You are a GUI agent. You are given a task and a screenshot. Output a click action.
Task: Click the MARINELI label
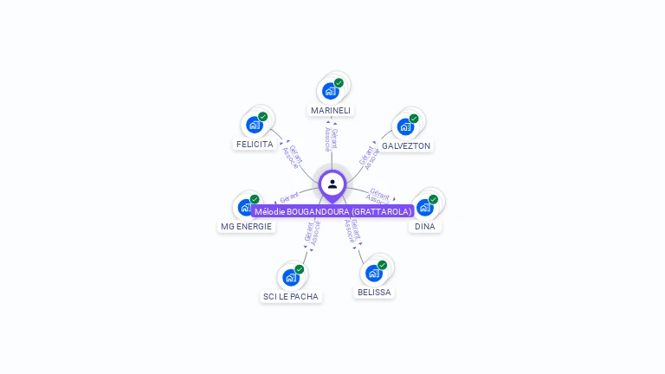(x=331, y=111)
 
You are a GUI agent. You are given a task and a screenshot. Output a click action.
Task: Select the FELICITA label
(x=255, y=145)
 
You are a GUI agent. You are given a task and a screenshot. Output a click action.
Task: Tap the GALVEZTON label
(x=406, y=146)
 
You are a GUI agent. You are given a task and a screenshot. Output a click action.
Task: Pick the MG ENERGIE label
(x=246, y=227)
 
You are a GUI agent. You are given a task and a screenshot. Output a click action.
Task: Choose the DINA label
(x=424, y=227)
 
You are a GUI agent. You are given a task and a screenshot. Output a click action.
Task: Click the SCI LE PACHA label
(x=291, y=297)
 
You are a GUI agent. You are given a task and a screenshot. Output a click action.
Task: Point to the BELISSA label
(x=374, y=293)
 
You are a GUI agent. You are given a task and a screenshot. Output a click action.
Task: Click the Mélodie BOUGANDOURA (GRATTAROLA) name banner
(x=332, y=211)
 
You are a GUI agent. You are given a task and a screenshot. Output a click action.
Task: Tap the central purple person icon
(x=332, y=184)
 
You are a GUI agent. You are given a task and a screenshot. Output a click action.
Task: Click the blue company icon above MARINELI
(x=330, y=91)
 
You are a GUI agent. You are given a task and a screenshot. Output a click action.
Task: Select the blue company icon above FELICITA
(x=254, y=125)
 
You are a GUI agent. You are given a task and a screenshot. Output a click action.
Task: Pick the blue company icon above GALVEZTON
(x=405, y=126)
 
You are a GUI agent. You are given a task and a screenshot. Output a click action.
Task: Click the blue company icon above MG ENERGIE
(x=246, y=208)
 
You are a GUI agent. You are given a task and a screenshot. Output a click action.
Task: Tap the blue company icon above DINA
(x=424, y=208)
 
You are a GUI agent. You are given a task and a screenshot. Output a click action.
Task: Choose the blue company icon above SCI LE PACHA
(x=290, y=277)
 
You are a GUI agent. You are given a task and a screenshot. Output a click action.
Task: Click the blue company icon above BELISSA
(x=373, y=274)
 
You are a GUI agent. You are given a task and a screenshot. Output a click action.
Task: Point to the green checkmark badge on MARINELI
(x=339, y=83)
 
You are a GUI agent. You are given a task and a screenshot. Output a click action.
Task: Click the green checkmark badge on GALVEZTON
(x=414, y=119)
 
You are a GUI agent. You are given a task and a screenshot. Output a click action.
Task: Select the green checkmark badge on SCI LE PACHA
(x=299, y=269)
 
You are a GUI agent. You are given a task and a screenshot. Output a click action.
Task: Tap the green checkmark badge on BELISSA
(x=382, y=266)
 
